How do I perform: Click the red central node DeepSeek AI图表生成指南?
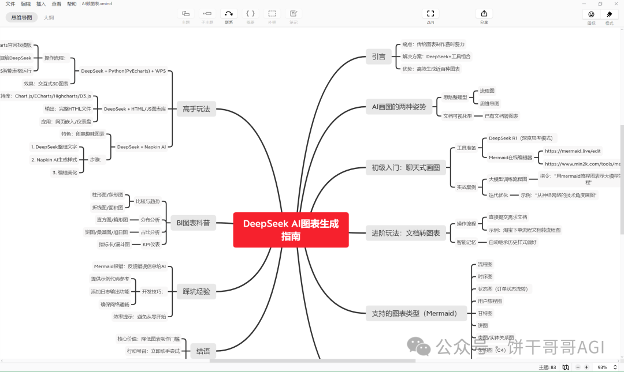(x=291, y=230)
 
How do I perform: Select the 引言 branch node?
(x=378, y=57)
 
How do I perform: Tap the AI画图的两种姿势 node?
(x=399, y=107)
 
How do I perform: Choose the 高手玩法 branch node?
(x=196, y=108)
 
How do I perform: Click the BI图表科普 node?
(x=193, y=223)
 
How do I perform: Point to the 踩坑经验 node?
(x=196, y=291)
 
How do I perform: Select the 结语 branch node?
(x=203, y=351)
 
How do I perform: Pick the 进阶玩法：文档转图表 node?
(x=406, y=233)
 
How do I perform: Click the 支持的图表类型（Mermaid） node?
(x=411, y=314)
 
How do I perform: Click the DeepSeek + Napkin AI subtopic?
(x=141, y=147)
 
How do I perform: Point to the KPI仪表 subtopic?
(x=151, y=245)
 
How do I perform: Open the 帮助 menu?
(x=71, y=3)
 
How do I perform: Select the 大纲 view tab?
(x=49, y=18)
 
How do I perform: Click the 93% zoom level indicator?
(x=602, y=367)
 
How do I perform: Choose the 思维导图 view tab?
(x=22, y=18)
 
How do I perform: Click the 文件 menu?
(x=10, y=3)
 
